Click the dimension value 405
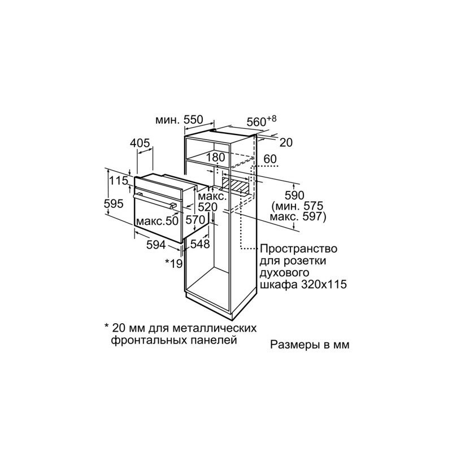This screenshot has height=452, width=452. [140, 143]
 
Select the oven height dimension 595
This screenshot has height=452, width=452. [116, 204]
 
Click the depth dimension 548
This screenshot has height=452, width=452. [200, 244]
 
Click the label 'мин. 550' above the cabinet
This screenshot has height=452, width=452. [178, 120]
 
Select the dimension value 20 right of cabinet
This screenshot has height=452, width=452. [286, 142]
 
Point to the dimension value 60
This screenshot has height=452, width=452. [270, 159]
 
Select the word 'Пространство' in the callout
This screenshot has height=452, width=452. [299, 249]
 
